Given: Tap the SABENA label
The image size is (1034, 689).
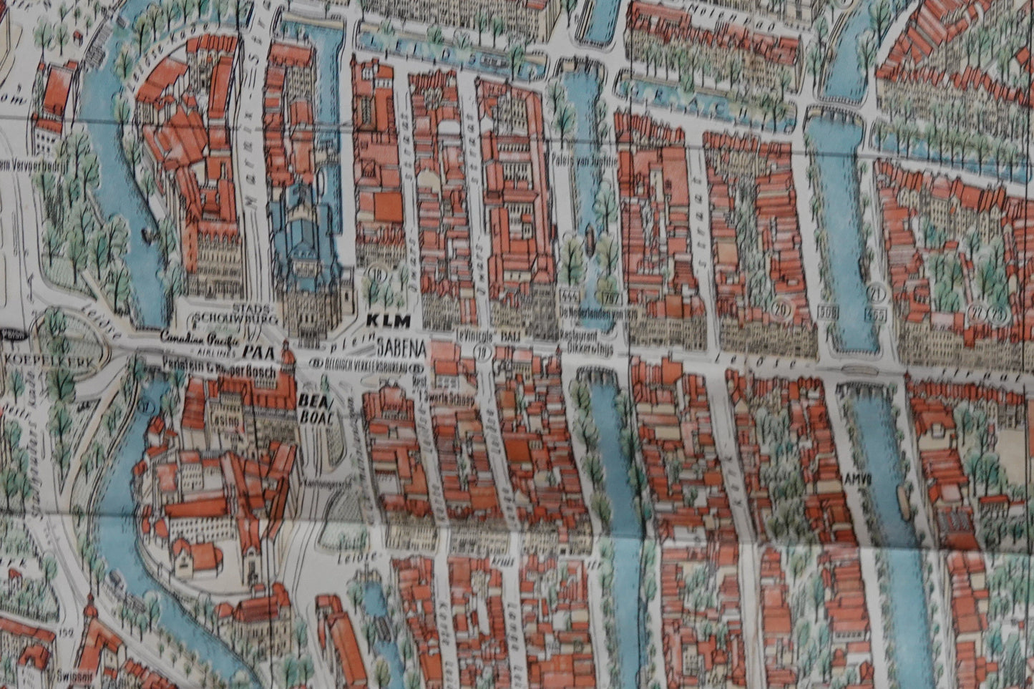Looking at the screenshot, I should click(x=401, y=348).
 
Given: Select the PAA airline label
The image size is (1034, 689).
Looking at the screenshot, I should click(x=253, y=351).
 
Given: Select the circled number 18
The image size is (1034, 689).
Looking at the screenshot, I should click(x=376, y=273).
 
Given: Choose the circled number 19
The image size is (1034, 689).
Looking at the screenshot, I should click(x=484, y=351).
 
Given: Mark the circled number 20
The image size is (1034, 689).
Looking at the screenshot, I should click(x=779, y=307).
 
